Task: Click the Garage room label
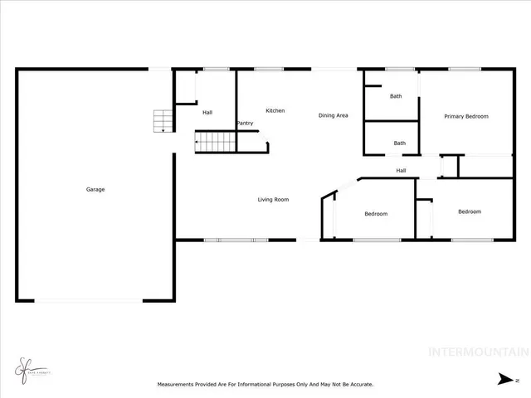coord(95,190)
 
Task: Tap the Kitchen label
coord(275,111)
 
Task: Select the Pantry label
coord(245,124)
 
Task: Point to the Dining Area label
coord(333,115)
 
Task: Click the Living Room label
coord(273,199)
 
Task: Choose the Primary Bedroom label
coord(465,116)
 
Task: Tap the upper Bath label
coord(396,96)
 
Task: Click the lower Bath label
coord(400,143)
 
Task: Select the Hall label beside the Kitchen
coord(207,113)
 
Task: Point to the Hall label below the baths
coord(401,171)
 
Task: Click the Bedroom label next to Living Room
coord(376,214)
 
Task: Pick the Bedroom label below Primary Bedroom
coord(470,211)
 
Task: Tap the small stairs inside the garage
coord(163,121)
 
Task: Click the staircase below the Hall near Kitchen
coord(216,142)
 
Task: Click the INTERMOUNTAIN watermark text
coord(477,352)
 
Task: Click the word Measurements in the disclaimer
coord(178,385)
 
